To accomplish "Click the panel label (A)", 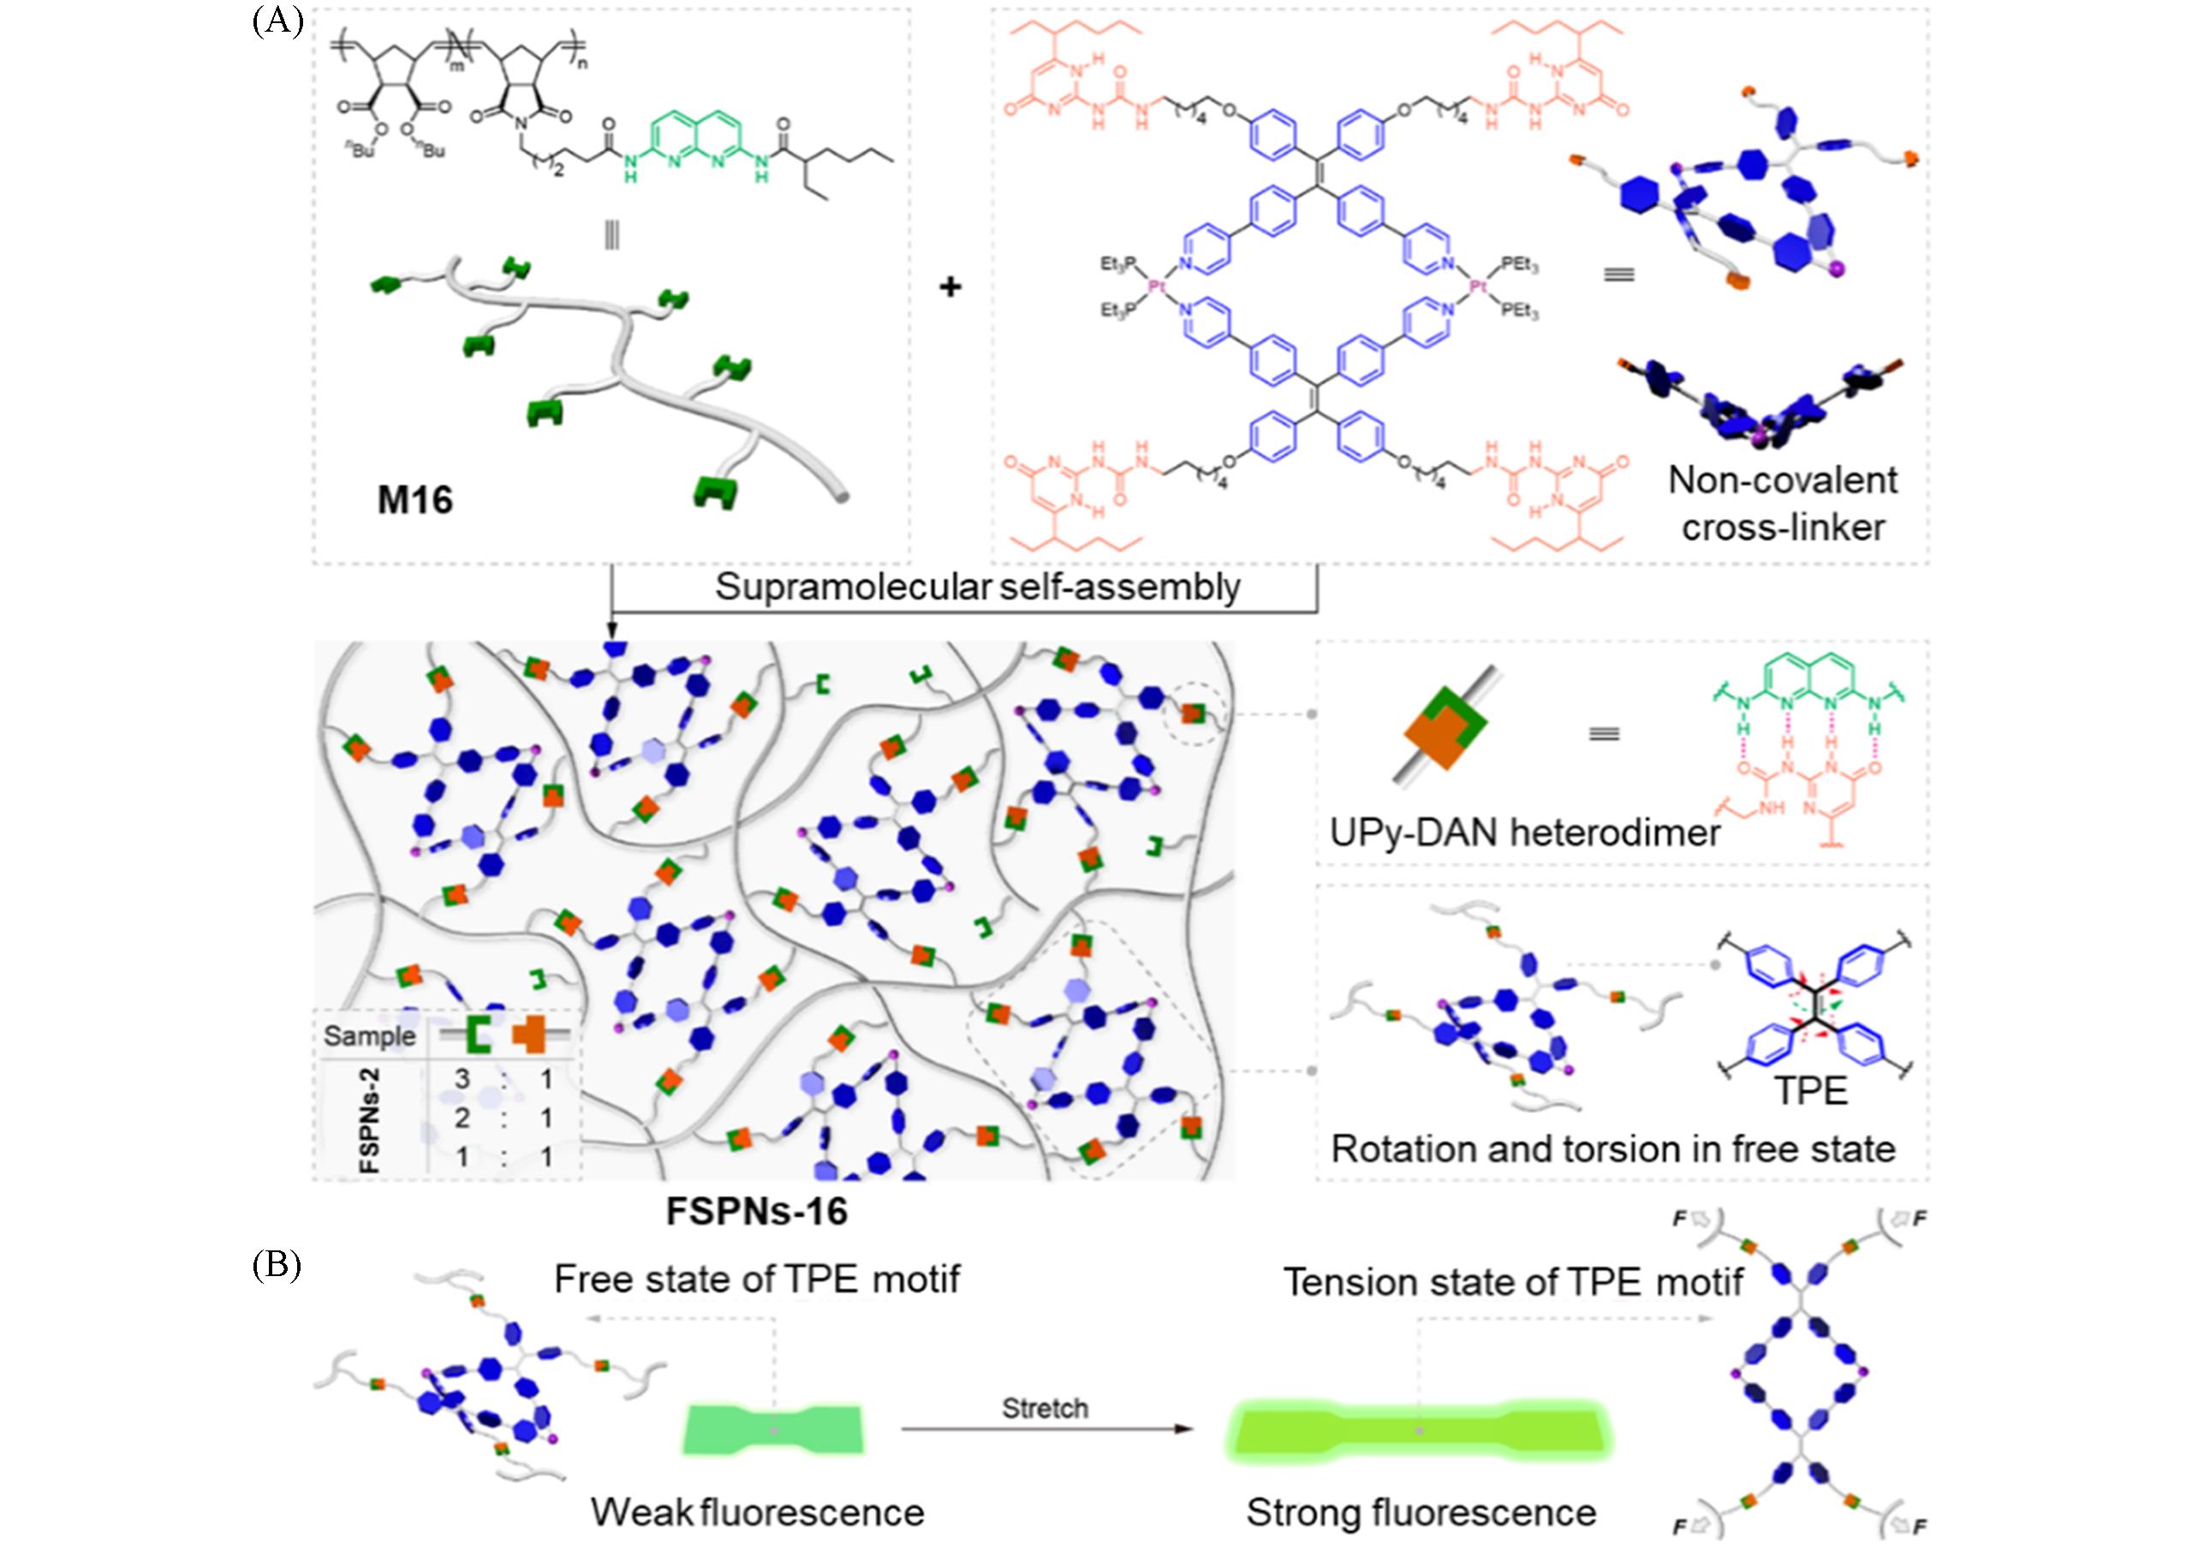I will click(277, 21).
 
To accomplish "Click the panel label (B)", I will click(277, 1266).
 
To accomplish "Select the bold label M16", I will click(414, 500).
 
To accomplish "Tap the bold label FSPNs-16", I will click(756, 1211).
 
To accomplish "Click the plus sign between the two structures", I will click(950, 286).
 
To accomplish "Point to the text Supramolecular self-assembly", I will click(978, 587).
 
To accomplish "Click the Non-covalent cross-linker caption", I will click(1783, 504).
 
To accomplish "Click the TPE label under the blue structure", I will click(1811, 1091).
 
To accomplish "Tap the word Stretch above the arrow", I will click(1045, 1408).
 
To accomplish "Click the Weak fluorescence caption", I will click(757, 1512).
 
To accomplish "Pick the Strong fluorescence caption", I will click(1421, 1512).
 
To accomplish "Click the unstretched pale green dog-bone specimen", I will click(773, 1429).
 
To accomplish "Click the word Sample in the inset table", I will click(370, 1036).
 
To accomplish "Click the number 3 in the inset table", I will click(462, 1079).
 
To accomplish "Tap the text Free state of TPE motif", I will click(756, 1280).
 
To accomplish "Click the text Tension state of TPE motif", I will click(1512, 1282).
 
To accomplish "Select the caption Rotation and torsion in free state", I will click(1613, 1148).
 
